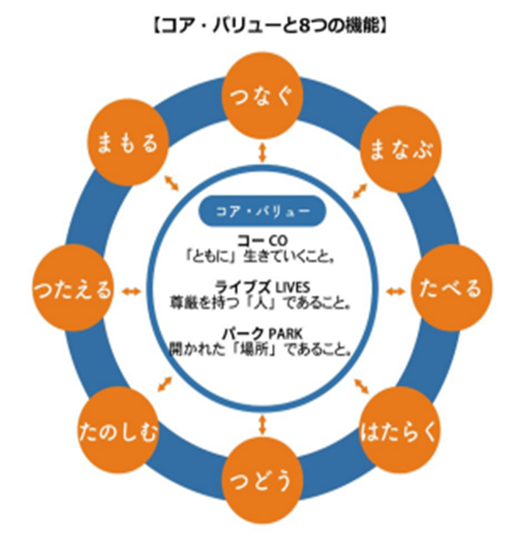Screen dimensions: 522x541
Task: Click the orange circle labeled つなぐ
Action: pyautogui.click(x=262, y=96)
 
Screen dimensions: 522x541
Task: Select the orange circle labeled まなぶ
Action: pyautogui.click(x=401, y=149)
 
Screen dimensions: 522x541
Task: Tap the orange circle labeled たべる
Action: pyautogui.click(x=451, y=288)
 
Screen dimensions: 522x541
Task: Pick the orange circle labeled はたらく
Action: pyautogui.click(x=398, y=431)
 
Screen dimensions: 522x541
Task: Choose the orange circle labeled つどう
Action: pyautogui.click(x=262, y=480)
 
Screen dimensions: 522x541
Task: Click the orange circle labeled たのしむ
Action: pyautogui.click(x=118, y=431)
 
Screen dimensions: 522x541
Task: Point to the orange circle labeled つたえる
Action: pyautogui.click(x=73, y=288)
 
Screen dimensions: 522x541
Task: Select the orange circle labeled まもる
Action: pyautogui.click(x=127, y=143)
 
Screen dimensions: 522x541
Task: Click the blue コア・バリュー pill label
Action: pyautogui.click(x=262, y=211)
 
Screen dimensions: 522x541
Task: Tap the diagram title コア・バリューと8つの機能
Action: pyautogui.click(x=269, y=25)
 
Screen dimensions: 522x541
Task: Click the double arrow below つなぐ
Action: pyautogui.click(x=262, y=152)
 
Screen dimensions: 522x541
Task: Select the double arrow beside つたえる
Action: pyautogui.click(x=132, y=292)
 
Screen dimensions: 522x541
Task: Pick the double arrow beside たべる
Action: pyautogui.click(x=396, y=292)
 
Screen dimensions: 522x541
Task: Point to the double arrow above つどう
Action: pyautogui.click(x=262, y=425)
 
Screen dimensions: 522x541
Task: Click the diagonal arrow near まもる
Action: pyautogui.click(x=171, y=183)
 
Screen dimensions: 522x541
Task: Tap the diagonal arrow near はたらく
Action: pyautogui.click(x=362, y=386)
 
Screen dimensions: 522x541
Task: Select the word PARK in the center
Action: pyautogui.click(x=285, y=333)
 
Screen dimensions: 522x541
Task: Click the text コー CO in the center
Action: pyautogui.click(x=262, y=240)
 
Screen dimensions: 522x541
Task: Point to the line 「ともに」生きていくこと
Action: pyautogui.click(x=260, y=256)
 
